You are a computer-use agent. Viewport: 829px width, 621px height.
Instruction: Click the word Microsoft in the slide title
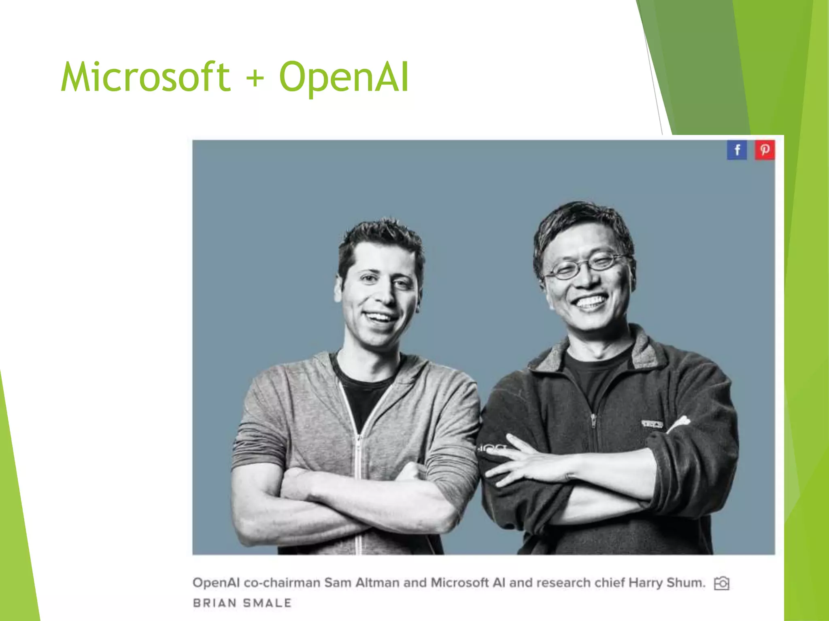[146, 77]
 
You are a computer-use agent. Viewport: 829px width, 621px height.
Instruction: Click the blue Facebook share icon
[737, 150]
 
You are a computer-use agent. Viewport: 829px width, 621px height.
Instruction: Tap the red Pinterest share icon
[765, 150]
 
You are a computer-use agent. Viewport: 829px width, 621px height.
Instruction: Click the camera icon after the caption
[721, 583]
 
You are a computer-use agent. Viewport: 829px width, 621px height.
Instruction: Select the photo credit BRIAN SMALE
[242, 603]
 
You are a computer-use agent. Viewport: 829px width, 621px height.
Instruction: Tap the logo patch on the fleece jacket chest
[652, 424]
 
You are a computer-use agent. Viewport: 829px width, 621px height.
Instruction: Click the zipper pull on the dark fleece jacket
[593, 420]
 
